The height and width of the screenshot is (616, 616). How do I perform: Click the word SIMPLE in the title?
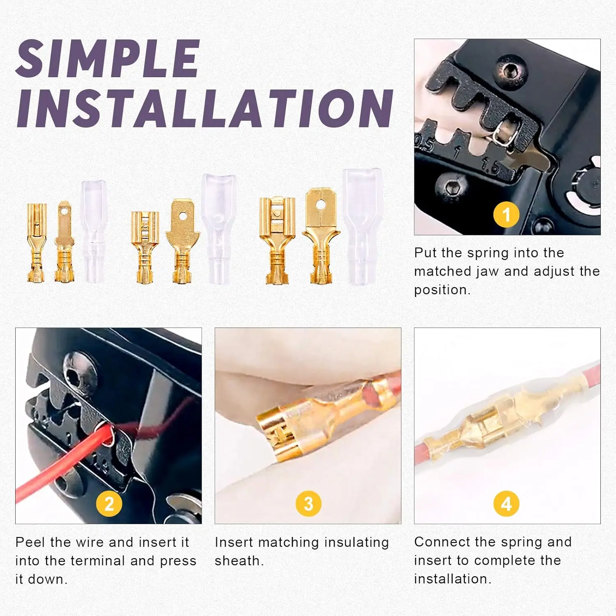click(108, 59)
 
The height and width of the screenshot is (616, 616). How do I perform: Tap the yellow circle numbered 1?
click(506, 214)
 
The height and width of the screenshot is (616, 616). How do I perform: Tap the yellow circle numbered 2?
click(109, 504)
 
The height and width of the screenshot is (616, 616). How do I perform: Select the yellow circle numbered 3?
click(308, 504)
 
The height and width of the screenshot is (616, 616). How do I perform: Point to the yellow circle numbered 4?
click(506, 504)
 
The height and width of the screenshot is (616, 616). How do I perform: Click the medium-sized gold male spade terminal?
click(182, 240)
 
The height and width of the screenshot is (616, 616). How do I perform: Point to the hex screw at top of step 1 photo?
click(510, 71)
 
